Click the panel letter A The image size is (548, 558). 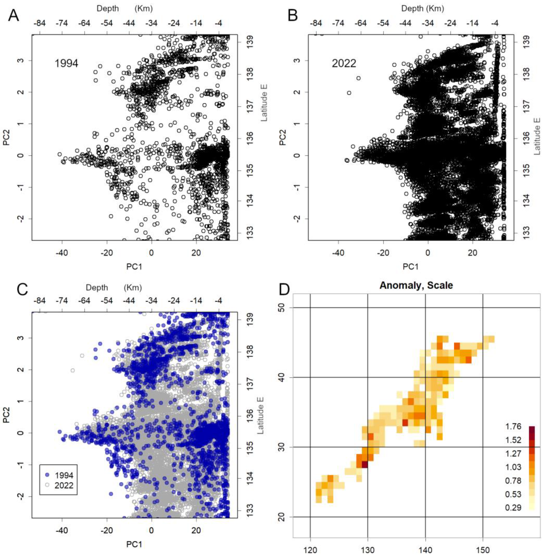pyautogui.click(x=14, y=15)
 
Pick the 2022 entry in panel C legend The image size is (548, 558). pyautogui.click(x=64, y=485)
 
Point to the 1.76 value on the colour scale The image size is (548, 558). pyautogui.click(x=513, y=426)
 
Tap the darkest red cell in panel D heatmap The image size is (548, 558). pyautogui.click(x=365, y=465)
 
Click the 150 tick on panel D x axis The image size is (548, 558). pyautogui.click(x=483, y=550)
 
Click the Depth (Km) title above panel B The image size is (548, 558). pyautogui.click(x=422, y=9)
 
